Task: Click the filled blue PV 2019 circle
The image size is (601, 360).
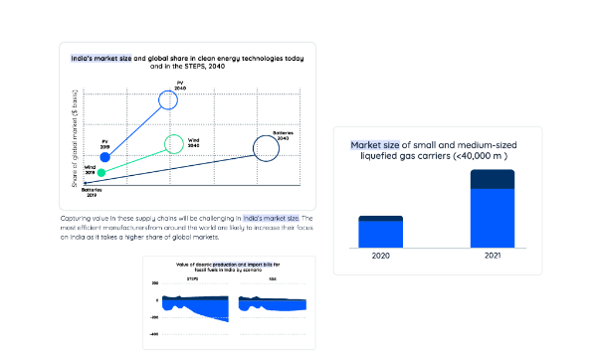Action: point(104,157)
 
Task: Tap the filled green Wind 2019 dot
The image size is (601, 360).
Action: point(100,172)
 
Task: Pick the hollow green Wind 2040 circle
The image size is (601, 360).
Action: point(174,142)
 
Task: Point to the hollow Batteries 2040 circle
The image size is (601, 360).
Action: point(265,148)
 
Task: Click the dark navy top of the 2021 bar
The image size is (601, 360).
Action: point(492,178)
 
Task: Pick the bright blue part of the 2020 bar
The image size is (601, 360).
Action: point(380,234)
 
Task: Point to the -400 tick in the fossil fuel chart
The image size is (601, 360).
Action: point(153,334)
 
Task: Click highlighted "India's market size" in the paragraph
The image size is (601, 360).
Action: point(270,217)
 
